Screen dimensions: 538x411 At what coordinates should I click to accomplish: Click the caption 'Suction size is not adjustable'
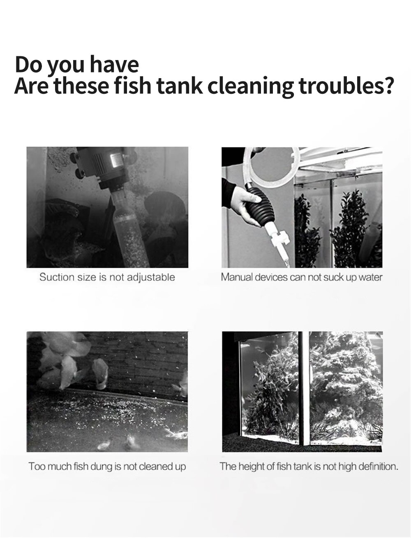point(107,277)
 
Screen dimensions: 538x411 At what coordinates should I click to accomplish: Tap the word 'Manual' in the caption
point(237,277)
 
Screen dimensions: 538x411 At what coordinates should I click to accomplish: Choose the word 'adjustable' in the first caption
point(150,277)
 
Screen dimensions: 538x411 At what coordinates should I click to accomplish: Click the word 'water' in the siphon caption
point(370,277)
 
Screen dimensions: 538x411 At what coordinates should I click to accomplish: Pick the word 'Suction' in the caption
point(57,277)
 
